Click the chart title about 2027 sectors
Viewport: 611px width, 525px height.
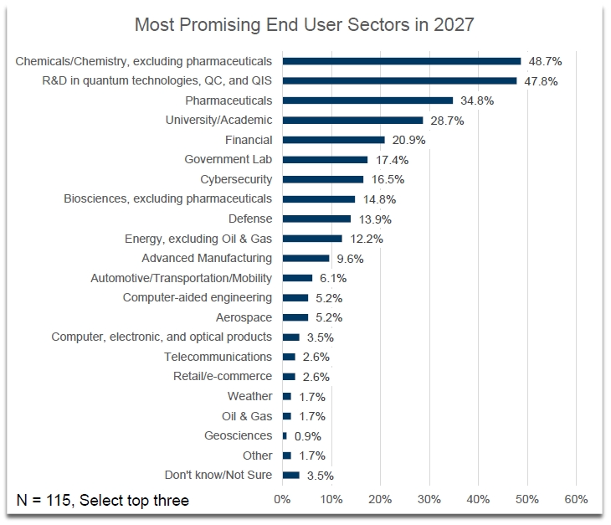(305, 24)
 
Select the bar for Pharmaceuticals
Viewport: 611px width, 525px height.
(367, 100)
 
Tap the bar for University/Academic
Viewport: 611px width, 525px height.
(352, 121)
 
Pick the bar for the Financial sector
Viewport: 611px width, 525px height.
(333, 140)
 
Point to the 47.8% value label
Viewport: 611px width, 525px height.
(540, 81)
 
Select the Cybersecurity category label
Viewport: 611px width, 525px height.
(236, 179)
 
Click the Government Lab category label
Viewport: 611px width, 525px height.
(228, 159)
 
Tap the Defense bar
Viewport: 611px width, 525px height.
(316, 219)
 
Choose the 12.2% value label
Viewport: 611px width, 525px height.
(366, 239)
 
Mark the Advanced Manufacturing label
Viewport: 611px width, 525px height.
(207, 258)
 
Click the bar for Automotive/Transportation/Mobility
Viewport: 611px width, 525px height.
(297, 278)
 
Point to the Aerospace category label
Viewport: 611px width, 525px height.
(244, 317)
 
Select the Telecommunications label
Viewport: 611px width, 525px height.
(218, 357)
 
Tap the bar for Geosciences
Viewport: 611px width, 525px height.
(285, 435)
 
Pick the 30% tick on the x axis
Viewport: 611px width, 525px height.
(429, 500)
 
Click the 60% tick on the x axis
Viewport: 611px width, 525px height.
(576, 500)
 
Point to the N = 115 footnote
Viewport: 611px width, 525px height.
(103, 501)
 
